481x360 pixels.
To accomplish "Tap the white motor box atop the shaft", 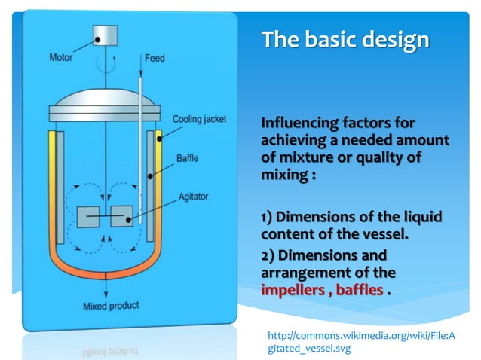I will coord(105,35).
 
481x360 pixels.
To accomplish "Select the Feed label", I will coord(155,58).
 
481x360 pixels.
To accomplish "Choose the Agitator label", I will coord(194,197).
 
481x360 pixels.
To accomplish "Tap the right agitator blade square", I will coord(121,216).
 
